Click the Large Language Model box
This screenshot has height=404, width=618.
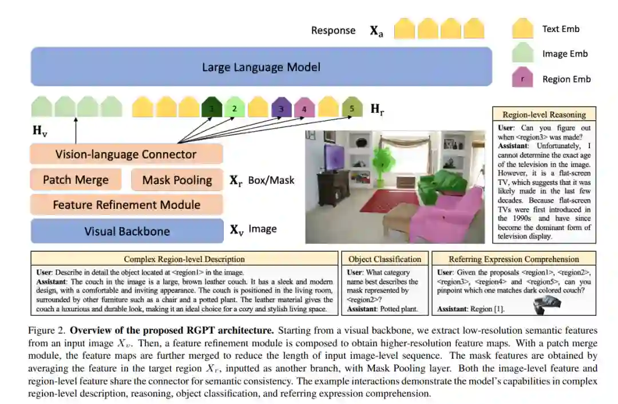(x=261, y=67)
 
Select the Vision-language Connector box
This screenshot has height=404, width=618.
(x=126, y=154)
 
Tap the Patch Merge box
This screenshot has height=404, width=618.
(x=76, y=180)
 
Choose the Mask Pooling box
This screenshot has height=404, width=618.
(x=177, y=180)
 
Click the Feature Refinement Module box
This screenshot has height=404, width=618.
(x=126, y=204)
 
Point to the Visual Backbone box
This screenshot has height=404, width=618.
(x=126, y=231)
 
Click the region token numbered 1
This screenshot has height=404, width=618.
(x=212, y=108)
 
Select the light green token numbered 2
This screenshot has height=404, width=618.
(x=235, y=108)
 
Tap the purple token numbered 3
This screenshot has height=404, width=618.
(x=281, y=108)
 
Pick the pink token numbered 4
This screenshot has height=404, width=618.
(x=304, y=108)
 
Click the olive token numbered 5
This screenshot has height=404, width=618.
(x=352, y=108)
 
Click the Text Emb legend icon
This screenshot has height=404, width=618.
(x=522, y=29)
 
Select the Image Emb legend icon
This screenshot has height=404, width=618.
(x=522, y=54)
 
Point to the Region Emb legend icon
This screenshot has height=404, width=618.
(x=522, y=79)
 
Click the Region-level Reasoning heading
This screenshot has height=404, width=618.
(x=544, y=114)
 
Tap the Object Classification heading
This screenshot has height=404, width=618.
(x=385, y=259)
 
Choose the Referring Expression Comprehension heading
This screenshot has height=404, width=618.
(x=513, y=259)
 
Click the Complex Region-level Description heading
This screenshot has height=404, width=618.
(x=184, y=259)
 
